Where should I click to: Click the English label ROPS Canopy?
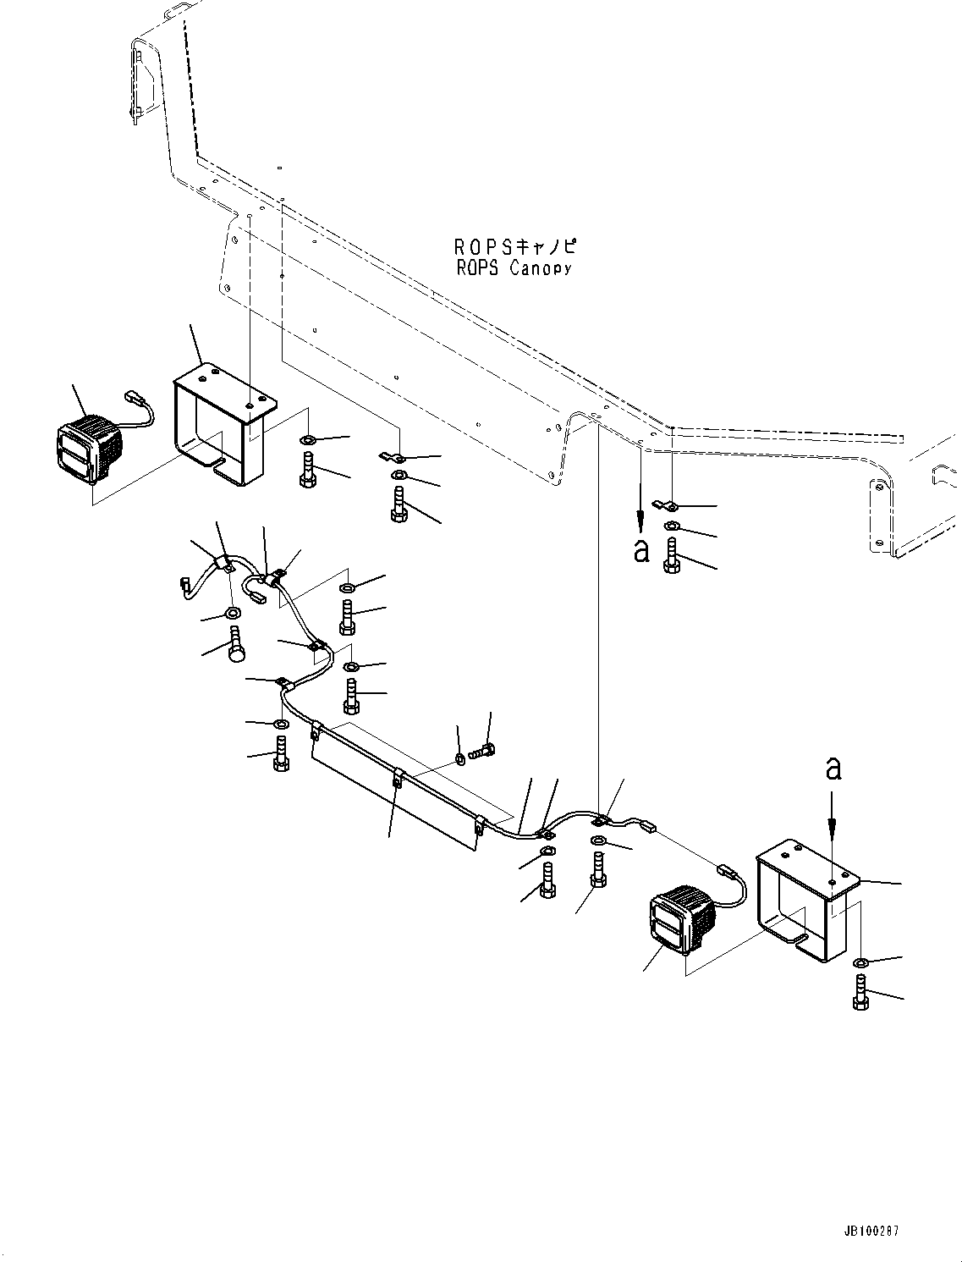click(x=514, y=268)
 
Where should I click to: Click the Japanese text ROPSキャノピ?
click(x=514, y=247)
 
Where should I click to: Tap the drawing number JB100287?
click(x=871, y=1230)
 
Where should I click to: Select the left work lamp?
click(x=88, y=449)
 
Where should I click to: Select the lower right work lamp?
click(x=681, y=919)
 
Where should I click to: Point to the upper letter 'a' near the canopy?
click(x=641, y=550)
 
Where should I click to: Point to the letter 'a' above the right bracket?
click(x=833, y=767)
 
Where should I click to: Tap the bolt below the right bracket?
click(x=860, y=991)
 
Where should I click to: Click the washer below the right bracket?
click(x=860, y=962)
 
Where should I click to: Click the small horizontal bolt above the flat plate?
click(x=484, y=749)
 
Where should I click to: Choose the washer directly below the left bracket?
click(x=308, y=440)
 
